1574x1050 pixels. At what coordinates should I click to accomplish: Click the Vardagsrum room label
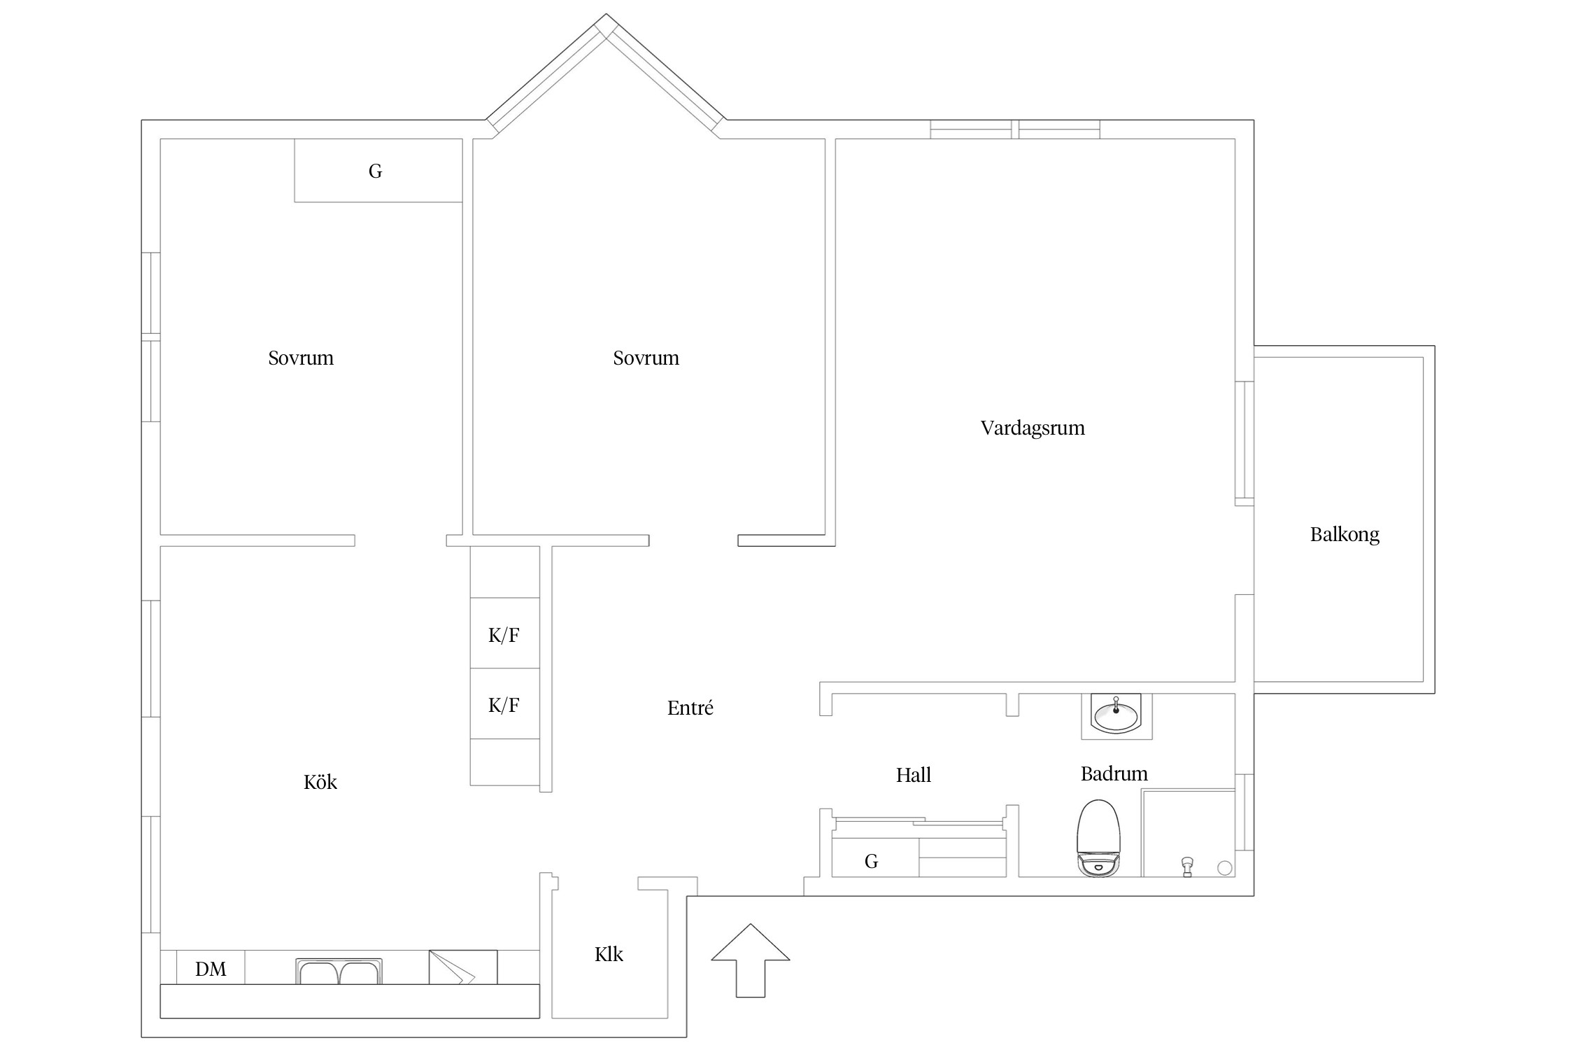click(1033, 428)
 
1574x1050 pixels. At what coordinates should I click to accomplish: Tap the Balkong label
click(1345, 535)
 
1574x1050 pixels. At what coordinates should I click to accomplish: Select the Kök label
click(320, 781)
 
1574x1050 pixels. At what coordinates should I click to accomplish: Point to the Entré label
click(690, 708)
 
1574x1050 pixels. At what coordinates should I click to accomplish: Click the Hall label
click(914, 775)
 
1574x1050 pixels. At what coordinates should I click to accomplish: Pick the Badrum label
click(1114, 773)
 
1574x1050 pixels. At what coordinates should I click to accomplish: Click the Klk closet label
click(609, 954)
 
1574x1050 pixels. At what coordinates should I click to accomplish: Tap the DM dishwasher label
click(211, 969)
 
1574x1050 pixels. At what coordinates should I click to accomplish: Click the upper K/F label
click(504, 635)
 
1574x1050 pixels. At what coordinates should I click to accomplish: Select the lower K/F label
click(504, 705)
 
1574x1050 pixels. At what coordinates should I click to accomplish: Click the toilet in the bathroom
click(1099, 838)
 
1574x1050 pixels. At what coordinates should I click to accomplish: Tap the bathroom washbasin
click(1116, 715)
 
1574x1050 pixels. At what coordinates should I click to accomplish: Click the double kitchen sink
click(339, 971)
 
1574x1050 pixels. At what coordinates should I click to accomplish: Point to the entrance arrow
click(751, 960)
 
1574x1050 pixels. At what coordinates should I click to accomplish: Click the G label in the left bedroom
click(376, 171)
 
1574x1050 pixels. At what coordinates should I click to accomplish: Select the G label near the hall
click(871, 861)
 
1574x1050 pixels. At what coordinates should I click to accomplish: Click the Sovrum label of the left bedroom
click(301, 358)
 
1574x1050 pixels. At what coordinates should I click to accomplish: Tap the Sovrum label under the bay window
click(646, 358)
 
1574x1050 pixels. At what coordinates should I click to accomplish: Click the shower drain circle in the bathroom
click(1225, 868)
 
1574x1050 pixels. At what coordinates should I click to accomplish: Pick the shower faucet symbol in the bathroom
click(1186, 867)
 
